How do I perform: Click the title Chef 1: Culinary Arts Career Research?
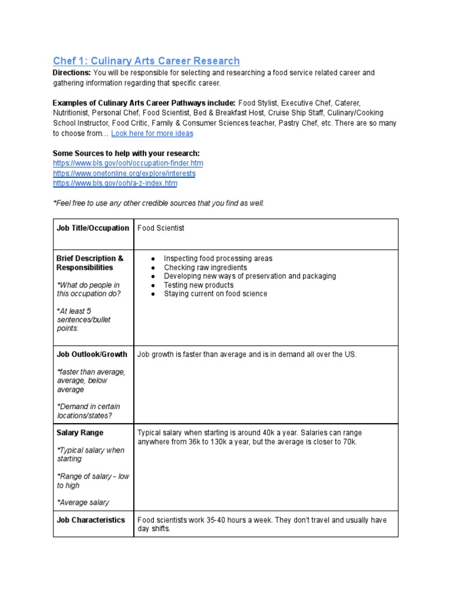146,61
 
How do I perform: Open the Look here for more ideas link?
152,133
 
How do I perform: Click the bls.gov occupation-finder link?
128,163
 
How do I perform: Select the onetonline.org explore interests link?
124,174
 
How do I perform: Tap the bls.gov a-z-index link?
115,183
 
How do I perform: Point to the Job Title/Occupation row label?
93,228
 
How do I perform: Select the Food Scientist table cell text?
160,228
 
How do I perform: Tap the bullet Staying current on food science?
216,294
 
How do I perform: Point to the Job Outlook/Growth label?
91,354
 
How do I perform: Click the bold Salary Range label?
80,433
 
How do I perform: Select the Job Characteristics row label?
90,520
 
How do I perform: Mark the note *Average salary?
83,502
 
